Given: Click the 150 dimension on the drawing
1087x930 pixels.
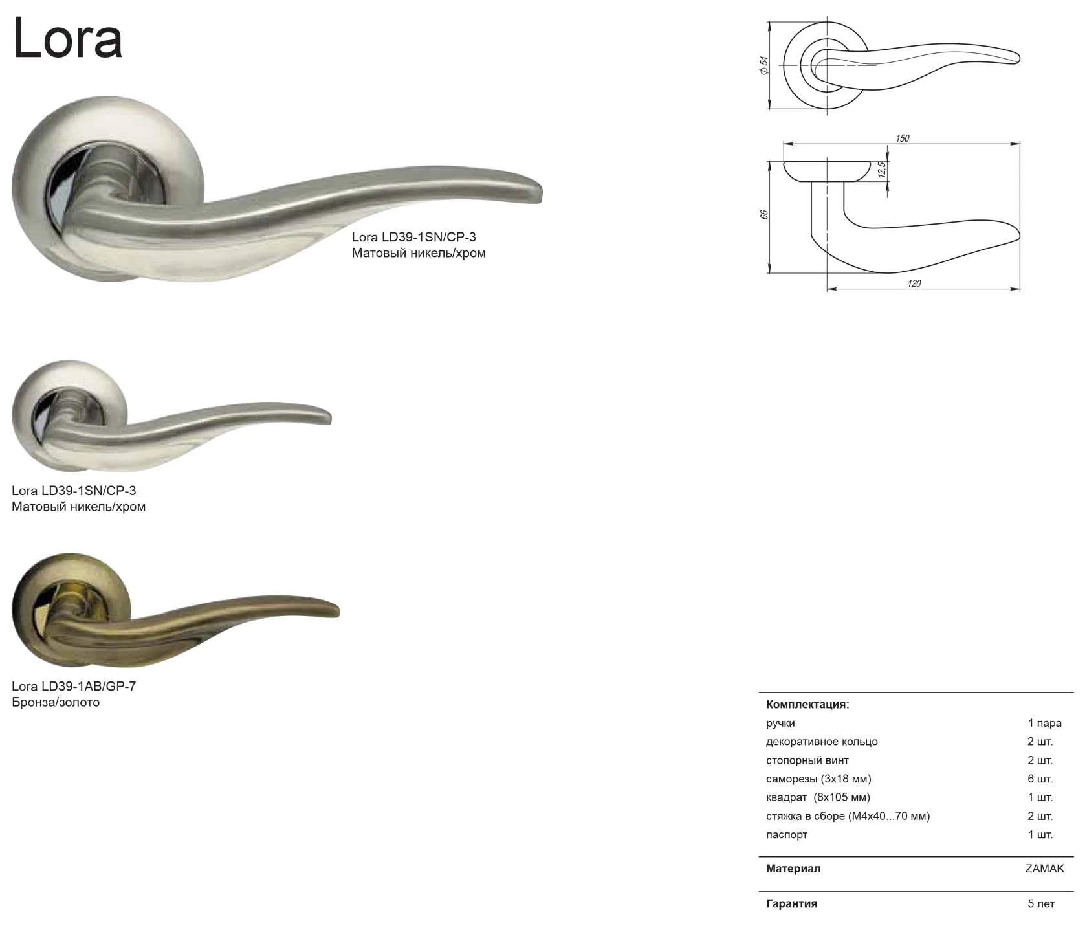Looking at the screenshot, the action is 902,138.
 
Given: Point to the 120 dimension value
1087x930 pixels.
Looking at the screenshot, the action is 914,283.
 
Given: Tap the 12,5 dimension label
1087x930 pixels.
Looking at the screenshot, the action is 881,170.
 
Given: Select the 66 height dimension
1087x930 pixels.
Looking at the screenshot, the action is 763,214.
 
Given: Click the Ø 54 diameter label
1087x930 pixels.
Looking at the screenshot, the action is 763,65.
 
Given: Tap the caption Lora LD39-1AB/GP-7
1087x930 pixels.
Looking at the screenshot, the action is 74,686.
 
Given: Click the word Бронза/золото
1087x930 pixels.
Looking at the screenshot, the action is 56,702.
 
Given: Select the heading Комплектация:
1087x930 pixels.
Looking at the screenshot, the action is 807,705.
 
